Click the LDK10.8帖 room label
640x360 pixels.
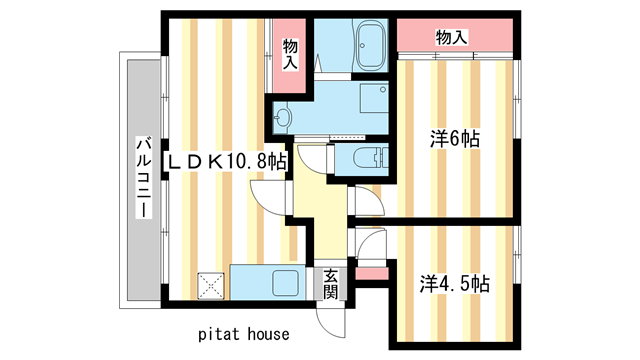point(226,160)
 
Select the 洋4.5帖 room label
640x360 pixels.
point(454,283)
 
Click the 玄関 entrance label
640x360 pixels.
point(330,284)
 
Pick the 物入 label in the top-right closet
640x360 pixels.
point(452,37)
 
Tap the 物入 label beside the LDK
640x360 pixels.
point(290,54)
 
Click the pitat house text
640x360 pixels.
point(242,333)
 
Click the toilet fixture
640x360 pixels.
point(366,157)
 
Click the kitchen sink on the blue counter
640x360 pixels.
point(286,282)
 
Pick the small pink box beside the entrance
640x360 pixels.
point(370,272)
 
